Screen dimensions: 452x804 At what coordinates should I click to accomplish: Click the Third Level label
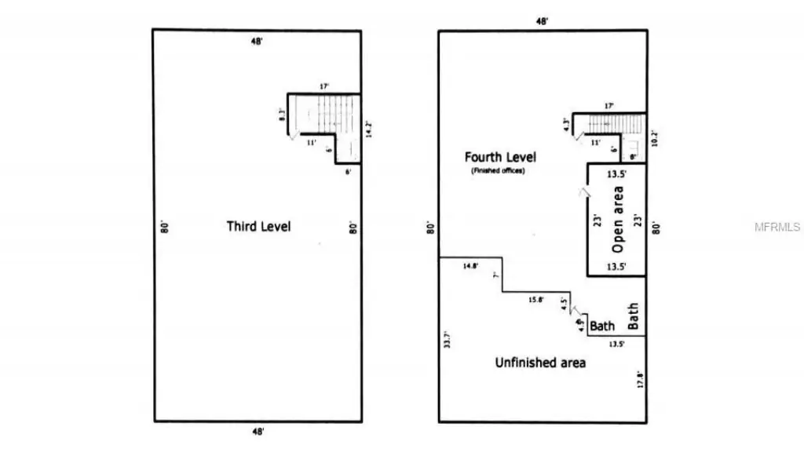[x=258, y=226]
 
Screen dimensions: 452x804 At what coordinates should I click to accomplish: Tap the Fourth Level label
[x=499, y=157]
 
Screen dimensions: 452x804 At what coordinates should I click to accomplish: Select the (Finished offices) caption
[x=498, y=170]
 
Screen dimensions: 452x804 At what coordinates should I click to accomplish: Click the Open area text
[x=618, y=219]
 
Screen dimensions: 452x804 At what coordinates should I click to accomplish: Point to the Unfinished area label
[x=540, y=363]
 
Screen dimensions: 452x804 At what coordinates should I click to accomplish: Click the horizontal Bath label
[x=602, y=326]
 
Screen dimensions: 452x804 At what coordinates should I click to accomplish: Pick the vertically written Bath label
[x=633, y=315]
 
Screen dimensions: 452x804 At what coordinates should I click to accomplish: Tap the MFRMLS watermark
[x=777, y=227]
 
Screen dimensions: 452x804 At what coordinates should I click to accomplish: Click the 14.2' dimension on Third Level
[x=367, y=128]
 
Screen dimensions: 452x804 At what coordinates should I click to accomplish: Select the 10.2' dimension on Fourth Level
[x=653, y=137]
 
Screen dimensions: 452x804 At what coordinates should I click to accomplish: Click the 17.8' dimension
[x=640, y=381]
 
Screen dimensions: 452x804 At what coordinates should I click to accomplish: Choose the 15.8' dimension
[x=535, y=299]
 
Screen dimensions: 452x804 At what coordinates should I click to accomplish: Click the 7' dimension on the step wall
[x=496, y=275]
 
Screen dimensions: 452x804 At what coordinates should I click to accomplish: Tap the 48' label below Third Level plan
[x=258, y=431]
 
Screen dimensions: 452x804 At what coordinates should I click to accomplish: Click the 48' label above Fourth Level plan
[x=542, y=22]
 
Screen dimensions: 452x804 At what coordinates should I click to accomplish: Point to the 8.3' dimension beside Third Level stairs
[x=283, y=115]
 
